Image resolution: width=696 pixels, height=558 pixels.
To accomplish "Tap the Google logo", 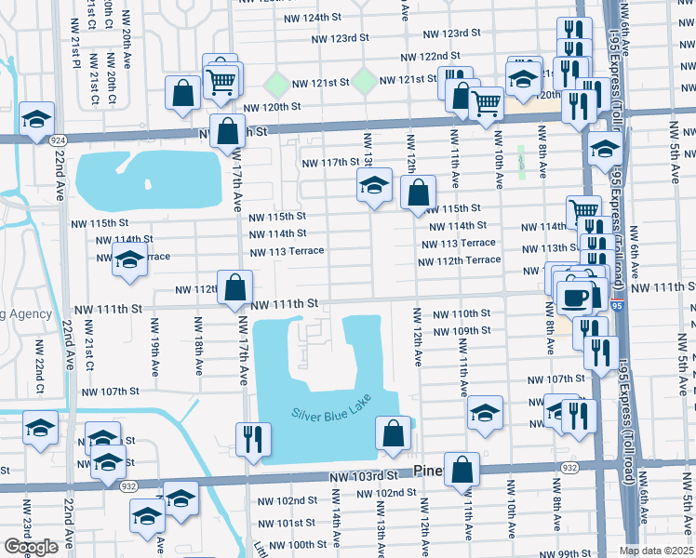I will [x=31, y=547].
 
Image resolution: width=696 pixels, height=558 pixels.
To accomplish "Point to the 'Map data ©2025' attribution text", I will [x=656, y=551].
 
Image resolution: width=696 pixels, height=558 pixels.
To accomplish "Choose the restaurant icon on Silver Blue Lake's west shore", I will [x=253, y=440].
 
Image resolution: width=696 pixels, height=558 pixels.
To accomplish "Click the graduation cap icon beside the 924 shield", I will [x=36, y=119].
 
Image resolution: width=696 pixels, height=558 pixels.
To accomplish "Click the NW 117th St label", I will [x=330, y=163].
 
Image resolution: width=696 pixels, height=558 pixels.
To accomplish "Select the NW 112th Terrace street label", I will [x=460, y=260].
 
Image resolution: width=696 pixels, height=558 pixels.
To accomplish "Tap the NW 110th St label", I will [x=460, y=314].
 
